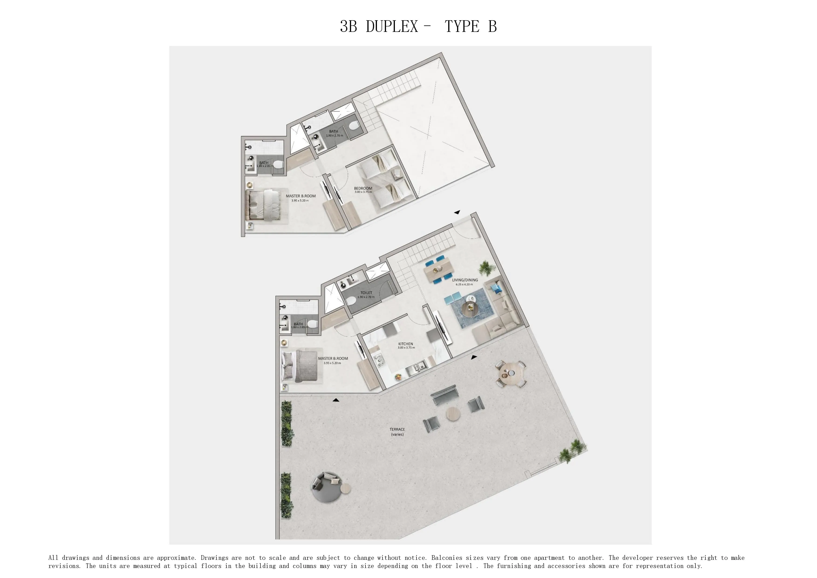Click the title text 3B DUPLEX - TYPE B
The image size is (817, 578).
click(x=418, y=26)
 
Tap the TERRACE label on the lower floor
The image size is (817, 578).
click(x=397, y=429)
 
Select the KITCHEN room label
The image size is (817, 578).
click(x=406, y=344)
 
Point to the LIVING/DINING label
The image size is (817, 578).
click(x=465, y=280)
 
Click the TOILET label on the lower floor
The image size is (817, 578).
click(x=366, y=292)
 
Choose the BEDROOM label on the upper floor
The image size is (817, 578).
click(x=363, y=188)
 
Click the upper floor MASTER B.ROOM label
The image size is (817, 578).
click(x=301, y=196)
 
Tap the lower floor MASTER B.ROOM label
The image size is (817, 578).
click(x=333, y=358)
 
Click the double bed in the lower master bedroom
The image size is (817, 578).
click(x=299, y=366)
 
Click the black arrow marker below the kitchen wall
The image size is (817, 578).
click(x=474, y=357)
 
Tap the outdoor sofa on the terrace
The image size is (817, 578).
click(x=444, y=395)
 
